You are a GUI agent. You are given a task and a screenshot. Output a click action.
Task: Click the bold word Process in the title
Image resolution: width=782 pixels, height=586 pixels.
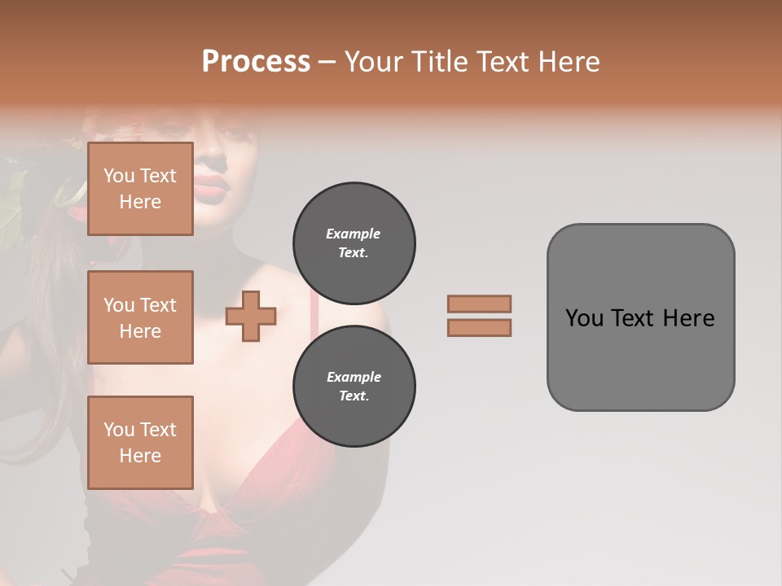click(x=256, y=62)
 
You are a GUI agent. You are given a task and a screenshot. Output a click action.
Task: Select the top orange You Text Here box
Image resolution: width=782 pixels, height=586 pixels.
click(x=140, y=189)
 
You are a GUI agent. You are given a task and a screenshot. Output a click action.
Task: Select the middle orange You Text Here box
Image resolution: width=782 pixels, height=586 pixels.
click(x=140, y=317)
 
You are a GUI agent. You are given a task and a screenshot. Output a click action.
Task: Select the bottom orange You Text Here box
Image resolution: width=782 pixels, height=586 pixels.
click(x=140, y=442)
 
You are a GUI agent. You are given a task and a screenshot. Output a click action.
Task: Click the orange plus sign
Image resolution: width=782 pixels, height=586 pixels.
click(x=251, y=317)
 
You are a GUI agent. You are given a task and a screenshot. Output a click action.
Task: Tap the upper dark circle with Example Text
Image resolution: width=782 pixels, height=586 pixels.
click(x=354, y=243)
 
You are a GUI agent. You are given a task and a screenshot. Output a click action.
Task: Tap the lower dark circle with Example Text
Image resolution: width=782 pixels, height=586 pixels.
click(x=354, y=387)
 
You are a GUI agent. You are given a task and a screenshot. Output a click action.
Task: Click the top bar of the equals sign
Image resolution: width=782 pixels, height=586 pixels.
click(x=480, y=304)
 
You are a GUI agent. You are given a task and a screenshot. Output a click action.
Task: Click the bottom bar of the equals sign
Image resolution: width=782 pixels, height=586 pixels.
click(x=480, y=328)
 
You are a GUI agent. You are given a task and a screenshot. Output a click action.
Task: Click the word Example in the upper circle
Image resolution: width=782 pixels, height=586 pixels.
click(x=354, y=234)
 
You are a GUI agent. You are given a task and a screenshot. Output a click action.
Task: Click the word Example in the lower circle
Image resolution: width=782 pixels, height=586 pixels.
click(x=354, y=378)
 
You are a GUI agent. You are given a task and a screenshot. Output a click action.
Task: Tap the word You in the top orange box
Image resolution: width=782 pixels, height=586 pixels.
click(x=119, y=176)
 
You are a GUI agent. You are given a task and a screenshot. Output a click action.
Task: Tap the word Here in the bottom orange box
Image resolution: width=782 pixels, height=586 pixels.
click(x=140, y=456)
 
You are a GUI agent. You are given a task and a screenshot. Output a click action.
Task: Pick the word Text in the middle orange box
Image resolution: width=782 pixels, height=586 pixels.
click(x=158, y=305)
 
